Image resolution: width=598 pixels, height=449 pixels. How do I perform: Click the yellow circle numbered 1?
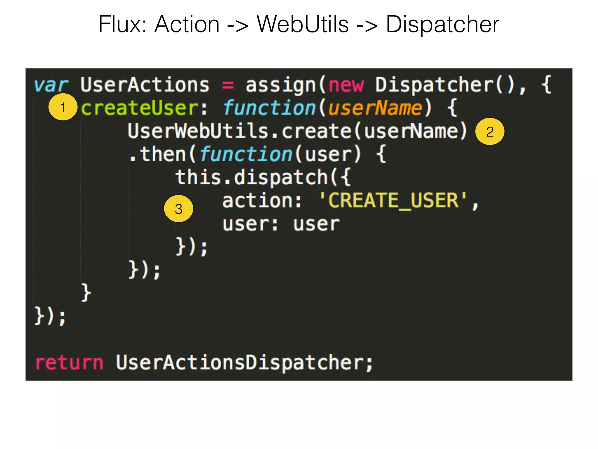[63, 107]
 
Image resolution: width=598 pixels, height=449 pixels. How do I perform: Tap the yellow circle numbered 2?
[490, 132]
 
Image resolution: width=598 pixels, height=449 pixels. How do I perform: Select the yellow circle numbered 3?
[178, 209]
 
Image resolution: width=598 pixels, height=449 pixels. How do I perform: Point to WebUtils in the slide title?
[303, 24]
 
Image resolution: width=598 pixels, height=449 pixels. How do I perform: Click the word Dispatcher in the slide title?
[442, 24]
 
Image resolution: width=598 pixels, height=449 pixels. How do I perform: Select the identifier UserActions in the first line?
[145, 85]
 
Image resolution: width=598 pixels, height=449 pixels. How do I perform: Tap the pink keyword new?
[346, 85]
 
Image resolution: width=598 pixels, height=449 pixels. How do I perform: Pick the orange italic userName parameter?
[375, 108]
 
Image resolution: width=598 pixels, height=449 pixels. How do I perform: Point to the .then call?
[158, 154]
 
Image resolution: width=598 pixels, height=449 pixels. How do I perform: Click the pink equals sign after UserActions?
[228, 85]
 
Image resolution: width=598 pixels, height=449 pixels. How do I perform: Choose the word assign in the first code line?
[280, 85]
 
